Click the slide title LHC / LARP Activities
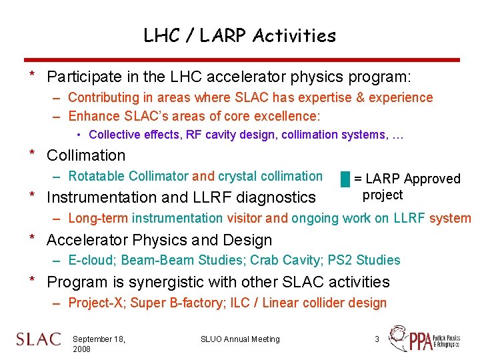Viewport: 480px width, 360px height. coord(240,35)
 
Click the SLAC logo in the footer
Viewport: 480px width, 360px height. coord(39,339)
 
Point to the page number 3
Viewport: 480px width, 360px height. coord(377,339)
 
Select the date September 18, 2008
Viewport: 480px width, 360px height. coord(99,344)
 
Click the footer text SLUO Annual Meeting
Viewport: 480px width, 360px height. coord(240,339)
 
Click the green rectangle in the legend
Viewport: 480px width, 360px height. coord(345,179)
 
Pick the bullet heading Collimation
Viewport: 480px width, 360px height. coord(86,155)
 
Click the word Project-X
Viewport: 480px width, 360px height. coord(97,303)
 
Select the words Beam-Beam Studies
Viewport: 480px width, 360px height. coord(181,260)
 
